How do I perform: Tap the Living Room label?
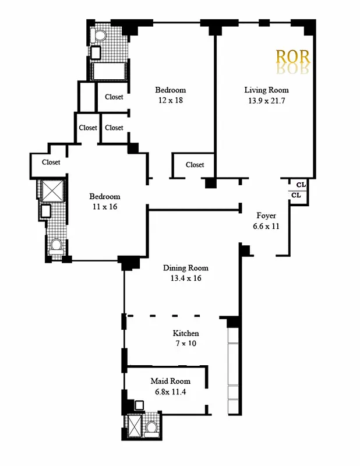[266, 90]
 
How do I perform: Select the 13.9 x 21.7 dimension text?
[266, 101]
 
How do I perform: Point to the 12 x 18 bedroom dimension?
[170, 101]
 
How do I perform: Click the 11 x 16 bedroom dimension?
[104, 207]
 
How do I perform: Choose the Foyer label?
[266, 216]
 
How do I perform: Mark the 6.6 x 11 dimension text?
[266, 226]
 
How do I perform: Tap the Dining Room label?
[185, 268]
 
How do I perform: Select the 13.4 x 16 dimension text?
[185, 278]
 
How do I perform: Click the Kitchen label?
[186, 333]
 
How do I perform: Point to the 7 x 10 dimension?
[186, 344]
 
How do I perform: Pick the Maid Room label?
[170, 381]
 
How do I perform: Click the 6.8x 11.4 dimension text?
[170, 391]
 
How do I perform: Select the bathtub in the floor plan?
[109, 72]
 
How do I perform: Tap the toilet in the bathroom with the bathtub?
[98, 36]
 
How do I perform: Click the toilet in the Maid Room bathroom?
[151, 428]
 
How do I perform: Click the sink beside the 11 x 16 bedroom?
[45, 210]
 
